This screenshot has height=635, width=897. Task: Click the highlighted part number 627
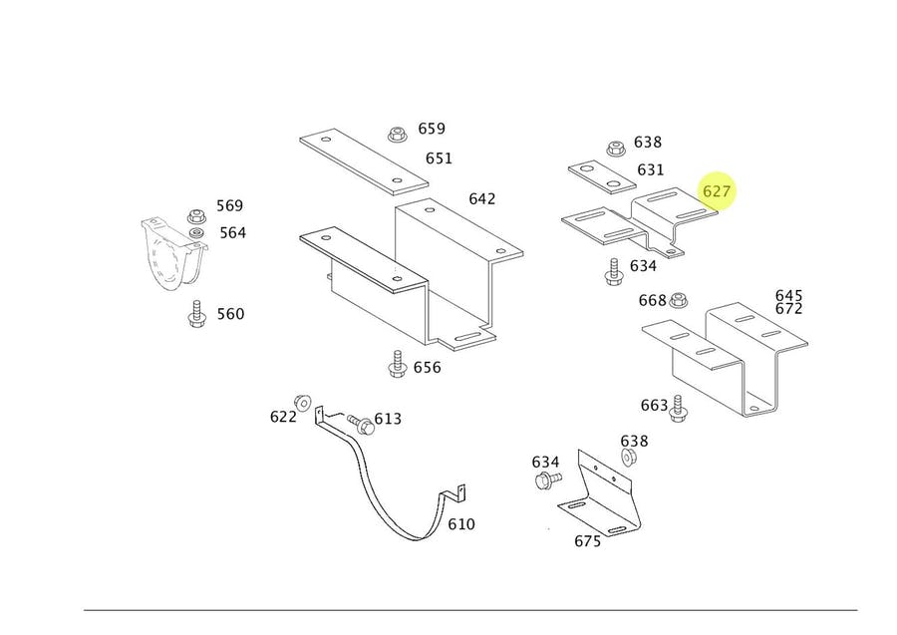tap(717, 191)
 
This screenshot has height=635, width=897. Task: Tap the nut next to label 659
tap(397, 135)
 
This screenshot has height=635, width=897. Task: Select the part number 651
tap(439, 159)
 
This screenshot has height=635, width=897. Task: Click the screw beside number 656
tap(397, 364)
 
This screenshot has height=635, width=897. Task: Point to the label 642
tap(482, 199)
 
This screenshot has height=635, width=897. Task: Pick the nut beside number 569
tap(196, 216)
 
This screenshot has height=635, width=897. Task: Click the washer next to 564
tap(196, 233)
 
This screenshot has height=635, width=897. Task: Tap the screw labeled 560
tap(196, 313)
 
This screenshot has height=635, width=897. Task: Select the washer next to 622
tap(302, 403)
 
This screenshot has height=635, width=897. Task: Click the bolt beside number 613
tap(361, 425)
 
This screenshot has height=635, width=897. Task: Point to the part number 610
tap(461, 524)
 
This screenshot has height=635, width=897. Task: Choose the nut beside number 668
tap(678, 299)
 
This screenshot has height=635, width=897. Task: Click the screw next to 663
tap(679, 409)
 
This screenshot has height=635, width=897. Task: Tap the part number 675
tap(587, 541)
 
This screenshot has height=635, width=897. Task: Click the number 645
tap(789, 296)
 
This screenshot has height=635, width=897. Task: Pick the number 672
tap(789, 309)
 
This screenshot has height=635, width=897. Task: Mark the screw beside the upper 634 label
tap(614, 271)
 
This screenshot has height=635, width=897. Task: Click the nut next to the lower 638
tap(629, 458)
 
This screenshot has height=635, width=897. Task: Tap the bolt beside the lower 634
tap(548, 479)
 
